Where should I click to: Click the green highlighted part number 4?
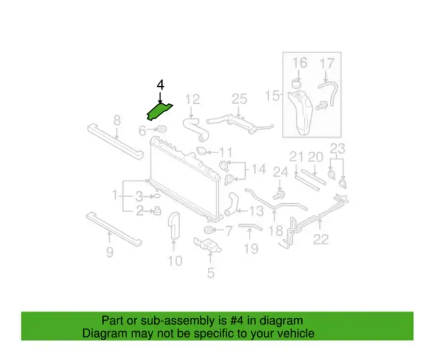159,112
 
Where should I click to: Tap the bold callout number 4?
160,85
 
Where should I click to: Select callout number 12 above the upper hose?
192,99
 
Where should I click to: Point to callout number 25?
239,99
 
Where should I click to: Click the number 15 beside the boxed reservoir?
272,95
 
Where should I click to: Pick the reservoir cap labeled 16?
296,83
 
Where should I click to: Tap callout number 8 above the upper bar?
117,121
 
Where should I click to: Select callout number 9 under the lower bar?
110,252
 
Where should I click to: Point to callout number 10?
175,261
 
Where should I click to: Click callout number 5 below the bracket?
210,273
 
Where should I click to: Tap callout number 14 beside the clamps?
258,169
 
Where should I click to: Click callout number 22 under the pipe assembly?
321,239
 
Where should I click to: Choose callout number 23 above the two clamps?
337,148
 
